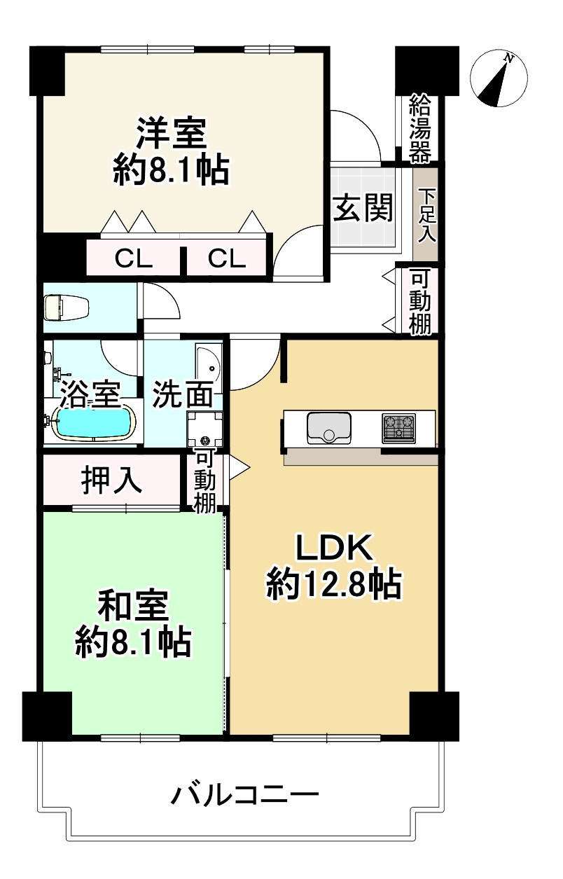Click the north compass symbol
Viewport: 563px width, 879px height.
point(498,78)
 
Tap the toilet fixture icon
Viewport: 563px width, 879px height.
point(66,307)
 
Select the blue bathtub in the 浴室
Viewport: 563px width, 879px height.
point(93,422)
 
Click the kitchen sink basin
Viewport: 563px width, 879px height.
point(328,427)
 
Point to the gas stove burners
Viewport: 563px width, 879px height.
point(398,427)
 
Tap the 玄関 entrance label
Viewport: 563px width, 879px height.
point(361,208)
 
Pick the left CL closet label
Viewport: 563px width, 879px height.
point(133,260)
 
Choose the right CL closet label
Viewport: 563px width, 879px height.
point(226,260)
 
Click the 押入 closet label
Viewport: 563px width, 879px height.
point(112,480)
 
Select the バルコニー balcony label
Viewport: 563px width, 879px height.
point(245,796)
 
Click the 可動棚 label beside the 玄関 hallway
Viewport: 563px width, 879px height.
point(420,301)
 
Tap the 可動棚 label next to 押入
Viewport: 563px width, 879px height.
point(204,481)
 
